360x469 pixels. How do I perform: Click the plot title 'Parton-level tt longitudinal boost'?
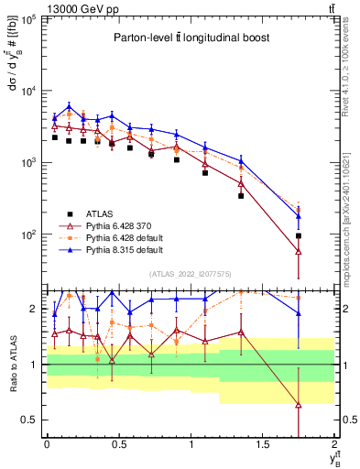click(x=188, y=38)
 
